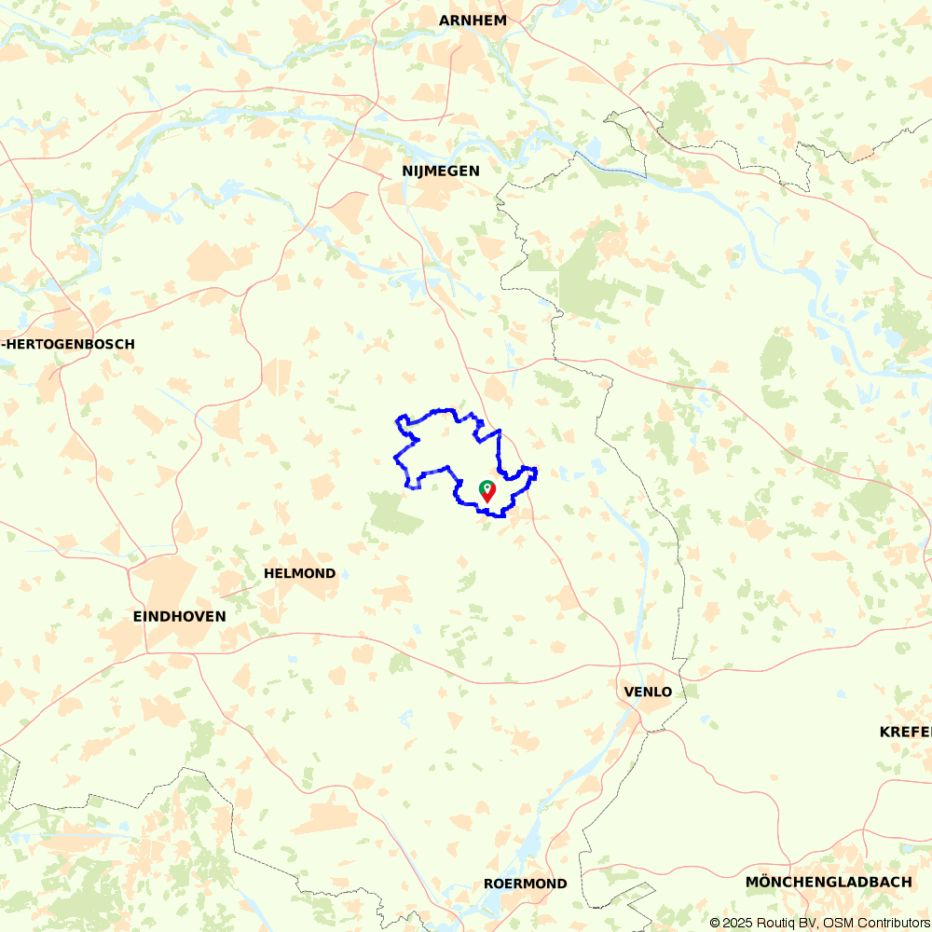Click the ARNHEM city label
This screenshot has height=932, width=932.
pos(473,21)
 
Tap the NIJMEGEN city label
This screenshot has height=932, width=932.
pos(441,171)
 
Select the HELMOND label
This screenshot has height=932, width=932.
pos(299,573)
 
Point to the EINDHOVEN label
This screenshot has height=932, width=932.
pos(180,616)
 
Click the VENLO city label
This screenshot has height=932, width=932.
pos(648,692)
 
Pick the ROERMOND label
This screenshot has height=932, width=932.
pos(526,884)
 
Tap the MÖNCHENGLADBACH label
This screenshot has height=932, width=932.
pos(829,882)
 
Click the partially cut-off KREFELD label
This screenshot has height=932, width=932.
pos(905,732)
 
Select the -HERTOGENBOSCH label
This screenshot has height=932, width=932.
pos(69,344)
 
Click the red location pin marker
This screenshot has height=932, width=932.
pos(487,493)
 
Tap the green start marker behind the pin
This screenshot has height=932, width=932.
pos(485,486)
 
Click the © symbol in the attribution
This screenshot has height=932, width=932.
pos(715,923)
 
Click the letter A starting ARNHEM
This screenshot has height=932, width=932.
pos(445,21)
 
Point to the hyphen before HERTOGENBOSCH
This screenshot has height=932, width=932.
pos(5,344)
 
